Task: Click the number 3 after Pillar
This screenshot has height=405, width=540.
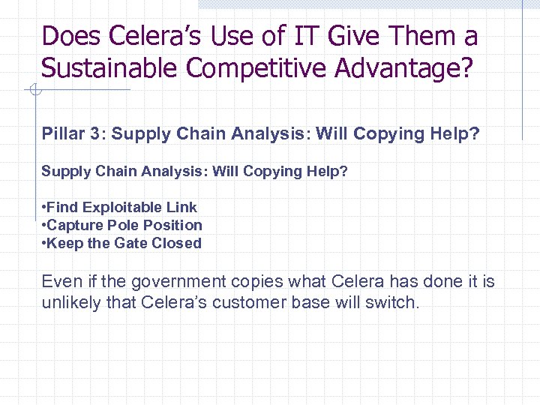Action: point(100,134)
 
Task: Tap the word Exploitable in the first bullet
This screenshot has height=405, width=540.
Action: point(139,207)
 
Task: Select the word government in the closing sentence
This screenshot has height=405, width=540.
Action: point(176,283)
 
